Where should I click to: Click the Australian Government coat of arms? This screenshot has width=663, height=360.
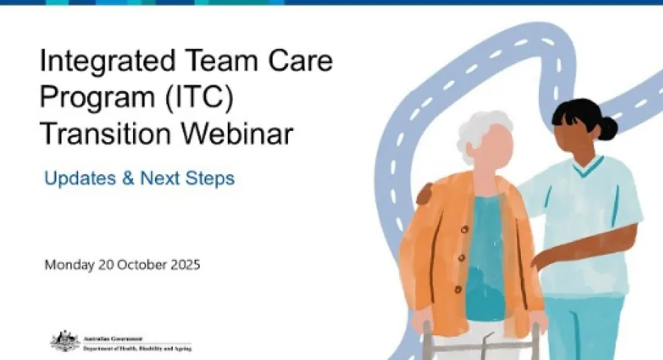tap(65, 341)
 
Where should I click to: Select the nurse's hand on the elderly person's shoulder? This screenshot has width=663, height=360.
tap(425, 195)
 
